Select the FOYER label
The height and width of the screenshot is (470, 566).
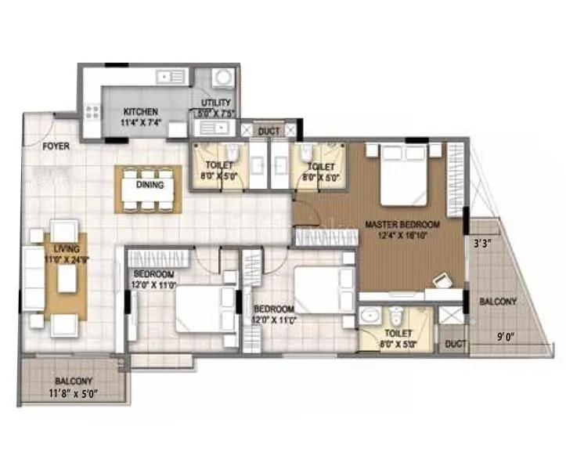56,146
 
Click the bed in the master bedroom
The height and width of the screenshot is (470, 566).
403,177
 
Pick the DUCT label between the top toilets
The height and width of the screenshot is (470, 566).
269,131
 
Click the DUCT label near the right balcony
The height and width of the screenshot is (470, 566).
453,343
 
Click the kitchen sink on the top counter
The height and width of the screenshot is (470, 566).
168,77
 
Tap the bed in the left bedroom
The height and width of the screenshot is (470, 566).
200,309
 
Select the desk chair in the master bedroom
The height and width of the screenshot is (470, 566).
442,280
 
